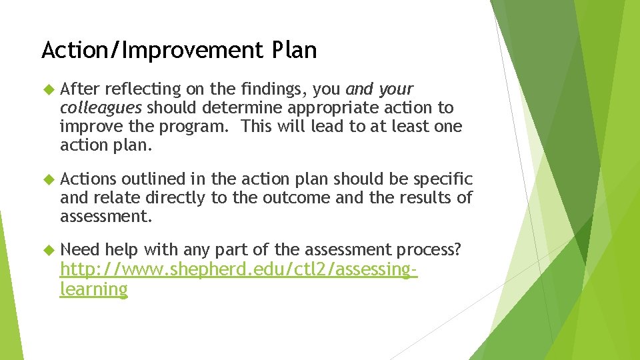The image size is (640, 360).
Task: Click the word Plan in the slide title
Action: (294, 50)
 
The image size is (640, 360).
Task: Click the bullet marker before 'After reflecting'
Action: (47, 89)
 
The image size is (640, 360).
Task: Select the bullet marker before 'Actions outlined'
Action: (47, 179)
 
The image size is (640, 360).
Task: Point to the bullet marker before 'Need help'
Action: (47, 250)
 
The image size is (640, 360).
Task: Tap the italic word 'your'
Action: (396, 89)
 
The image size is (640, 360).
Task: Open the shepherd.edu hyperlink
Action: (238, 270)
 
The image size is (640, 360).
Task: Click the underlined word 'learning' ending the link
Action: (93, 289)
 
